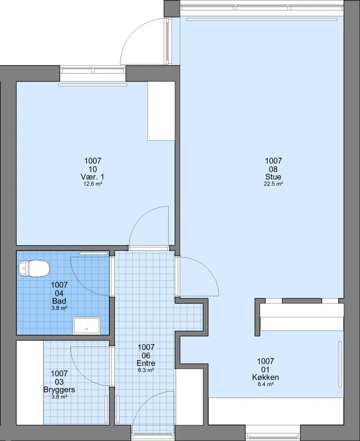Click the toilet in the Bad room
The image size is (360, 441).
33,268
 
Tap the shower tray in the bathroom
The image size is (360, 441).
87,325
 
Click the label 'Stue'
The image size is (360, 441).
273,177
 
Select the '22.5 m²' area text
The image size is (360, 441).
273,184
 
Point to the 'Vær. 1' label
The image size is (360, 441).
92,177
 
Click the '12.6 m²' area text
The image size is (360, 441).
93,184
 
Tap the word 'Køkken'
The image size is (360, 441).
265,377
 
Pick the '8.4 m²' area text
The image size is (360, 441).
265,384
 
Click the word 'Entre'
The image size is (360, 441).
146,363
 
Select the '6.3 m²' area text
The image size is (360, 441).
146,370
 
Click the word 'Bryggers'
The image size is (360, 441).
59,390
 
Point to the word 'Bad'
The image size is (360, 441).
59,301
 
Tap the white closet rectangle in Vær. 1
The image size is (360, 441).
161,111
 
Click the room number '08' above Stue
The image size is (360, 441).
273,169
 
